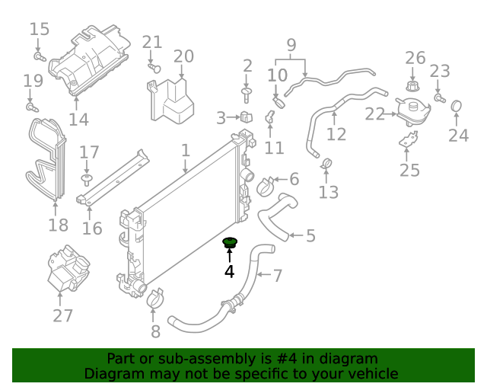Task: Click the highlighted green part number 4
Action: (229, 244)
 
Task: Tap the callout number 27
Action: (63, 315)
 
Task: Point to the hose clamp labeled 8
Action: (154, 299)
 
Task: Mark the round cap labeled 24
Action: (458, 106)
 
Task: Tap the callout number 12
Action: (336, 135)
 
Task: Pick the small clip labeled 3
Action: (245, 118)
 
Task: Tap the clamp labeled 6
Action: (267, 184)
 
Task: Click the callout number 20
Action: (183, 56)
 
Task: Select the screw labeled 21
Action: (152, 67)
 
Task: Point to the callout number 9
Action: (291, 44)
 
